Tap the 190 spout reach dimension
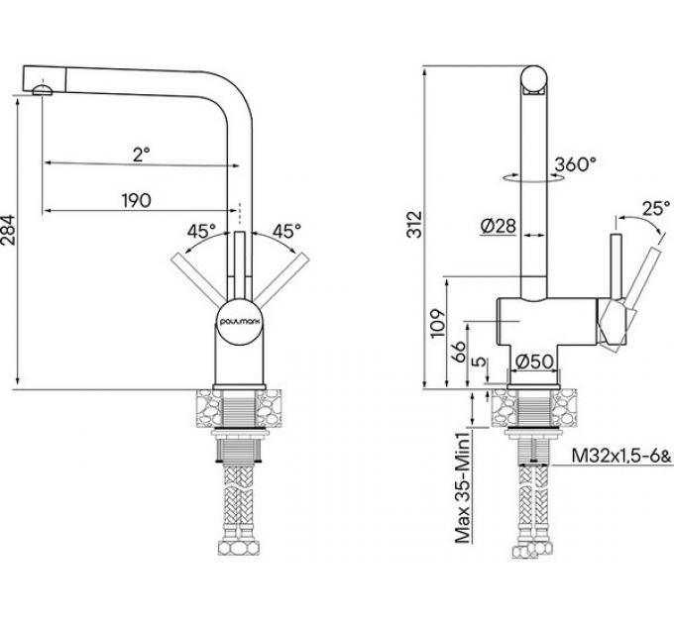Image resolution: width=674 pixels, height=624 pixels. pos(138,200)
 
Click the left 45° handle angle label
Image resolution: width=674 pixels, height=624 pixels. pos(199,231)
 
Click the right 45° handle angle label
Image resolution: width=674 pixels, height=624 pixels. pos(284,231)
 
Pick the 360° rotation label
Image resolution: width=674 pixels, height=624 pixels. pos(575,163)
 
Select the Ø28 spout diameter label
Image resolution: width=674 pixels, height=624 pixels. pos(498,226)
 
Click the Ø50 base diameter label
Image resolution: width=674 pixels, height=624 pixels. pos(534,361)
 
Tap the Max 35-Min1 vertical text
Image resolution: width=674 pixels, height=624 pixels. pos(462,485)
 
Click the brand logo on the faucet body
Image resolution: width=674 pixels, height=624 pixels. pos(237,324)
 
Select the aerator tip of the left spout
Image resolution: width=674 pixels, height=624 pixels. pos(41,91)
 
